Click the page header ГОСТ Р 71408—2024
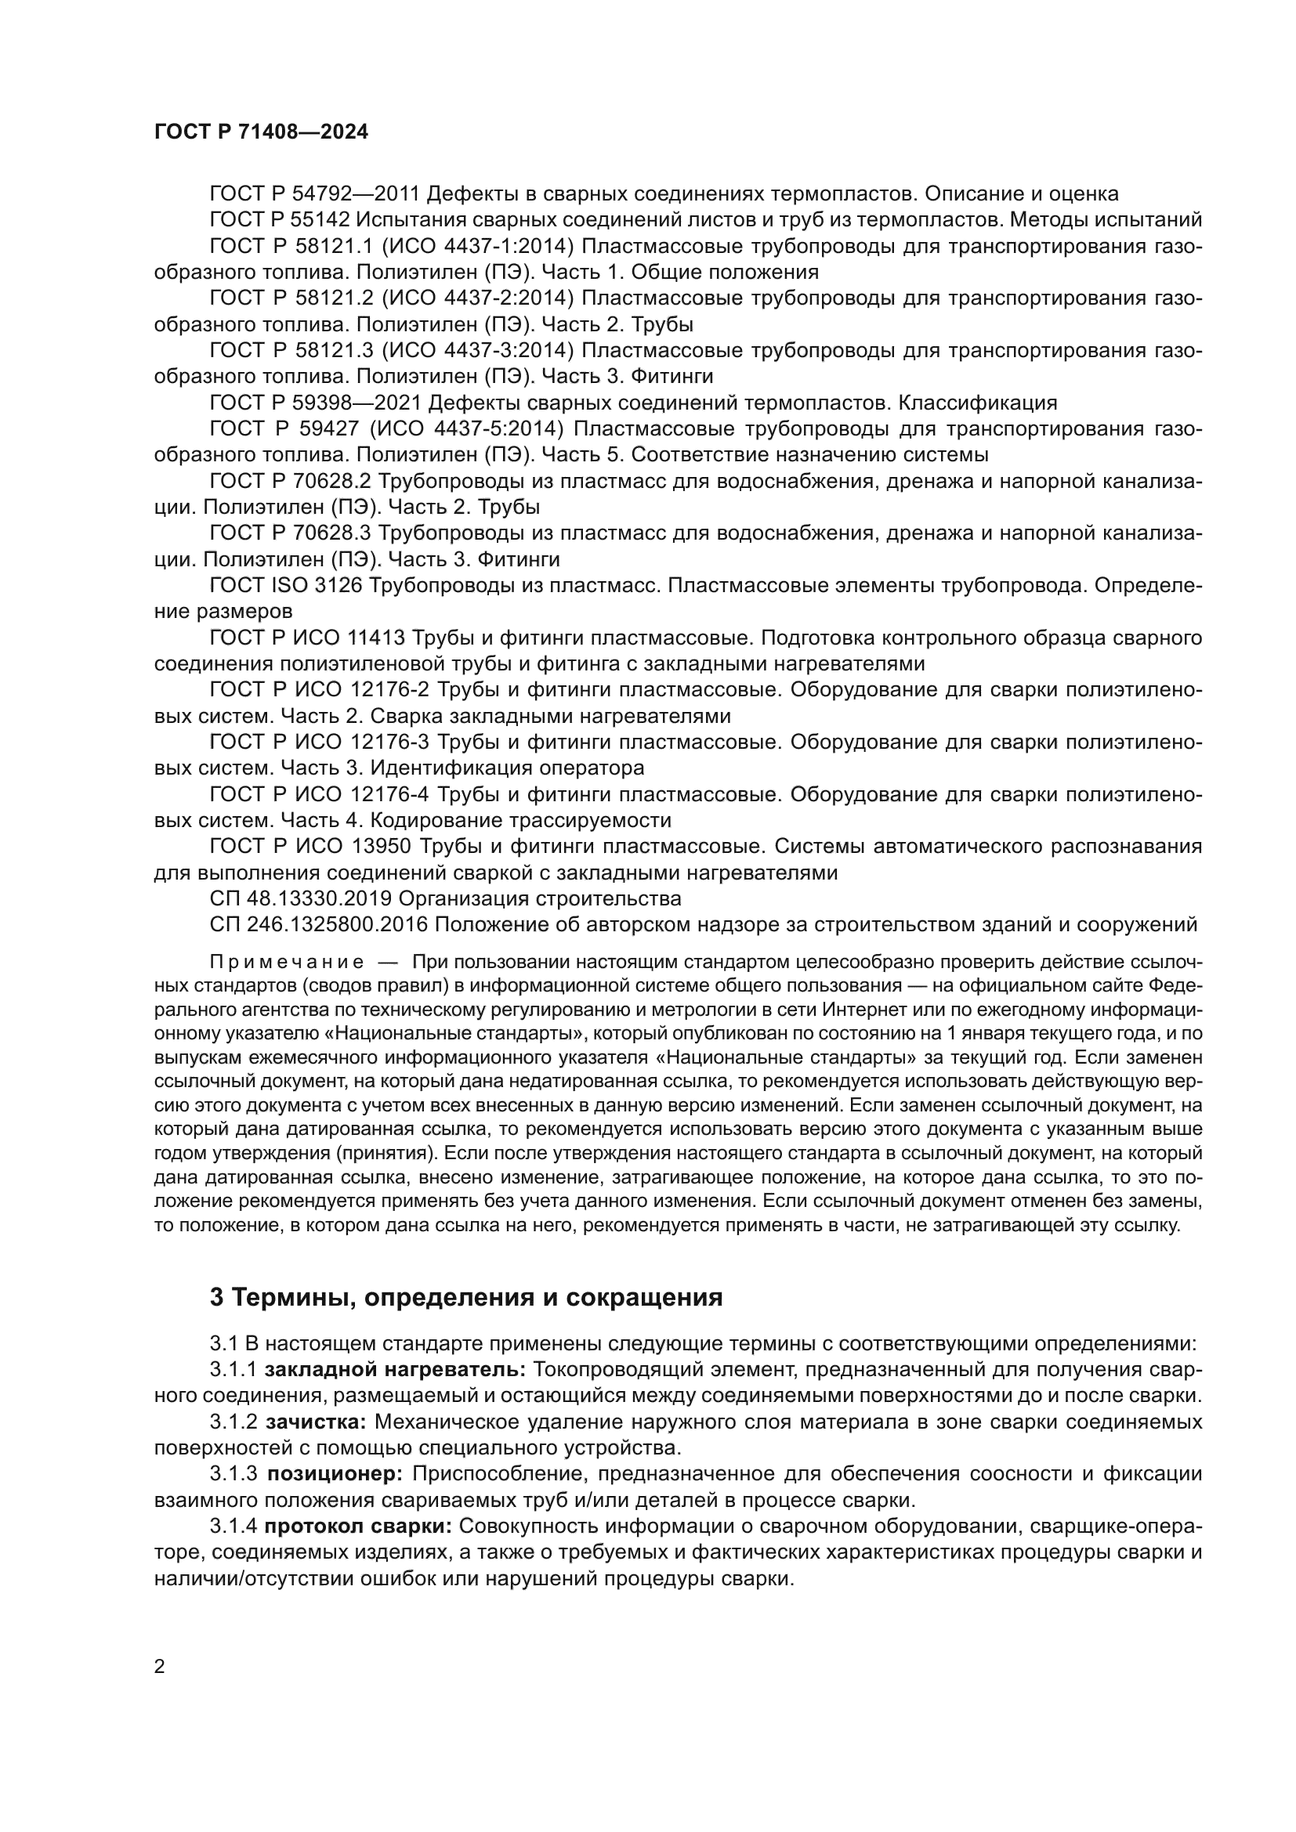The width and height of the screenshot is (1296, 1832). tap(261, 132)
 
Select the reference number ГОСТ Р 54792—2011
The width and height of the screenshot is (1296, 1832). tap(315, 194)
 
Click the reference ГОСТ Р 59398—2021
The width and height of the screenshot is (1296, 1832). tap(315, 403)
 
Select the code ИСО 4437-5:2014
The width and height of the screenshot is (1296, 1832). tap(466, 429)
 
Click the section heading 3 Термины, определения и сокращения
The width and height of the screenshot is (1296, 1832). tap(466, 1298)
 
